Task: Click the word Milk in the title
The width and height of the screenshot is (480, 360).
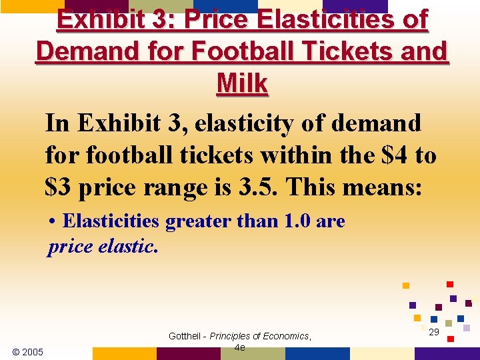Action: click(x=242, y=84)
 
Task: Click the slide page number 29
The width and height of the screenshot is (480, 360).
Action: click(x=434, y=332)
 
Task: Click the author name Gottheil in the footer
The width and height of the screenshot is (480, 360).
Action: click(x=186, y=336)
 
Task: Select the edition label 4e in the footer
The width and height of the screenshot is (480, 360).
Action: click(x=240, y=347)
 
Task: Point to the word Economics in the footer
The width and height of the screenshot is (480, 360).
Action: click(x=285, y=336)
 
